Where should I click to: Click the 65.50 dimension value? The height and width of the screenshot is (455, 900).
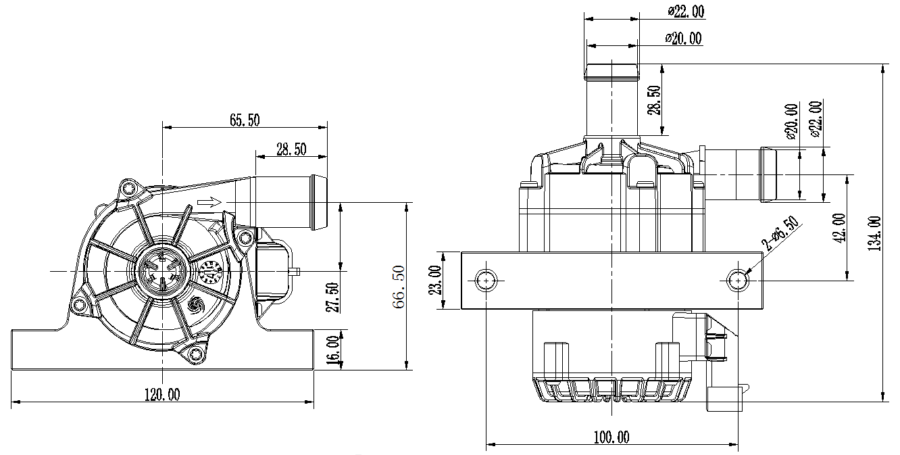(245, 120)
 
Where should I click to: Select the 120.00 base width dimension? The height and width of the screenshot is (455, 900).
(163, 395)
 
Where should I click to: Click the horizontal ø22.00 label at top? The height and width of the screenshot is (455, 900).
(685, 11)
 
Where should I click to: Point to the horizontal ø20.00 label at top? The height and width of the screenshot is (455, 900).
(682, 39)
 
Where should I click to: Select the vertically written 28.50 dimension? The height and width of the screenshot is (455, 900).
(655, 100)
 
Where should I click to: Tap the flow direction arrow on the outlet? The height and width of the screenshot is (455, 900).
(210, 201)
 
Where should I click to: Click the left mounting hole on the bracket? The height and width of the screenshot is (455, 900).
(485, 279)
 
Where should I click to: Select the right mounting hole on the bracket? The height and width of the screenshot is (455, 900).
(739, 279)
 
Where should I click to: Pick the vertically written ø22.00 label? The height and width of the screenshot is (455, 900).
(815, 119)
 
